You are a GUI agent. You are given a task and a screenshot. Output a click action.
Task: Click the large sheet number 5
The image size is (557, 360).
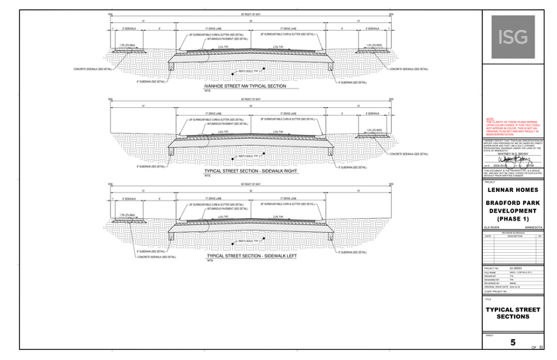point(513,342)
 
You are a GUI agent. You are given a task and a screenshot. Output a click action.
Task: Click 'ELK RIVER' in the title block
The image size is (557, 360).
point(491,227)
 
